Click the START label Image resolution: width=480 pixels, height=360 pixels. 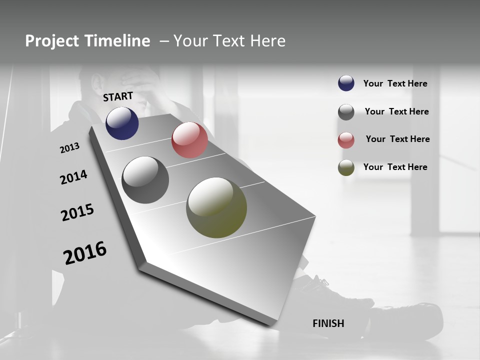[118, 96]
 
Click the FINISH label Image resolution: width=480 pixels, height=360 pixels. [328, 323]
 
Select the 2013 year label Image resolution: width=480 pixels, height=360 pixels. [69, 148]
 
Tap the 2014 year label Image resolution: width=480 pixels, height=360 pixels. [73, 177]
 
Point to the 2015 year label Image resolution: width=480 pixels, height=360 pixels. [77, 212]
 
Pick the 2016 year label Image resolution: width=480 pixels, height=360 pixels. [85, 253]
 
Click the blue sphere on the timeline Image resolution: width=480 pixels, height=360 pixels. [122, 123]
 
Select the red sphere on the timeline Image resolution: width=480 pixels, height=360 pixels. [189, 140]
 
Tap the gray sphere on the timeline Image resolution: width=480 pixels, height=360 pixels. [145, 180]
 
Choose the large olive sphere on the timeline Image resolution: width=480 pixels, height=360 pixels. [216, 207]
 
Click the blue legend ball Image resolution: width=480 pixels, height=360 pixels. [346, 83]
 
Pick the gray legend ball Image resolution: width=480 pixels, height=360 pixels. [346, 112]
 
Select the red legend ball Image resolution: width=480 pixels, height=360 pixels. [346, 140]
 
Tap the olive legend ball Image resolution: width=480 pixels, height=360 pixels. [346, 167]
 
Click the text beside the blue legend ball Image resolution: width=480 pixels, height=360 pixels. [395, 83]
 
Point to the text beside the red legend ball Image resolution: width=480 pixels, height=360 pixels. [397, 139]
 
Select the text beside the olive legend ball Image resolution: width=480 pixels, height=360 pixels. [395, 167]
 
